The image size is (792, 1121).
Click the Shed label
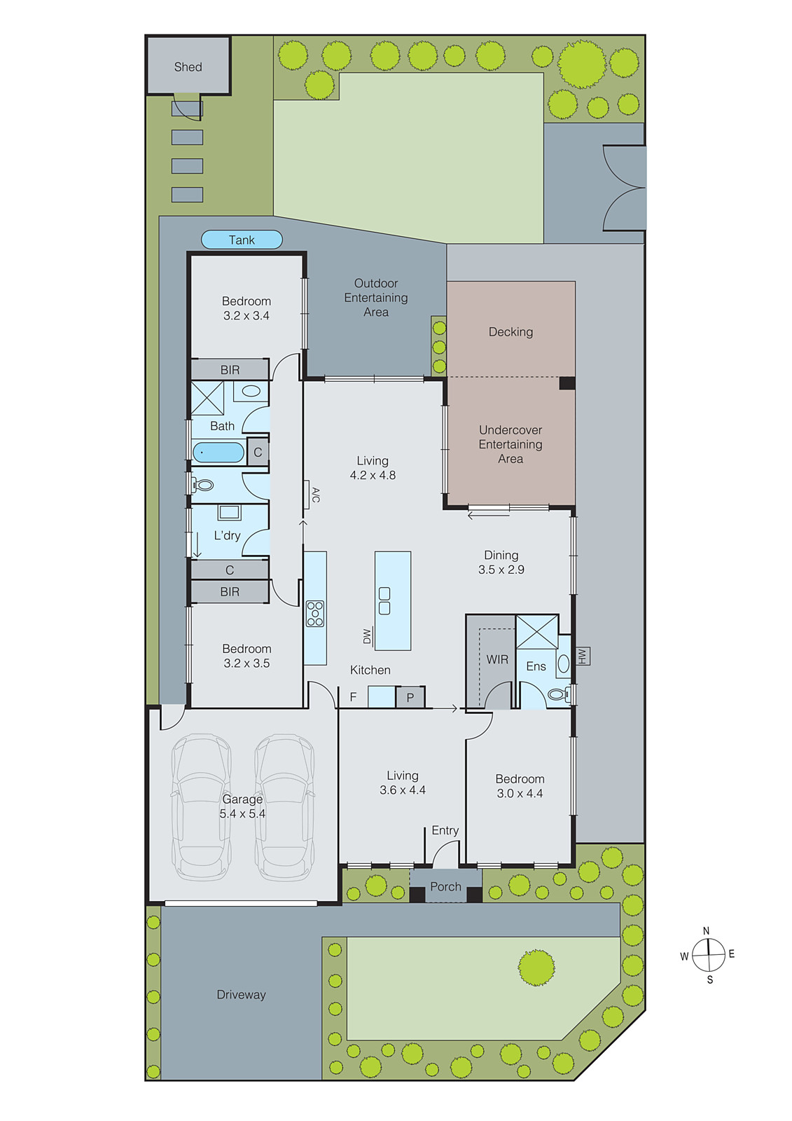(188, 67)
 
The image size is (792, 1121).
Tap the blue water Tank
(242, 240)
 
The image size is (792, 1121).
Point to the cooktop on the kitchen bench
(315, 613)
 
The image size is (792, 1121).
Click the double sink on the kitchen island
(384, 600)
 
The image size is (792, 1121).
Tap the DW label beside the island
(367, 636)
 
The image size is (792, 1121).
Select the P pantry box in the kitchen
(410, 697)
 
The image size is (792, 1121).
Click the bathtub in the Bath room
(218, 452)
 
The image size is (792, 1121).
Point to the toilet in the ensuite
(558, 694)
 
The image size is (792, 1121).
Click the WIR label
(497, 659)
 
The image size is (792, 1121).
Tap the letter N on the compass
(706, 930)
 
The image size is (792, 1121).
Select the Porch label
(445, 886)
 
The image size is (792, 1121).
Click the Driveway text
(241, 994)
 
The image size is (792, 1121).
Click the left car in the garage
(201, 806)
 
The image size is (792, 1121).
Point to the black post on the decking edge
(567, 383)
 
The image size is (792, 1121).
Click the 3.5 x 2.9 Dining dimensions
(501, 570)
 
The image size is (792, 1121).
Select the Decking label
(510, 331)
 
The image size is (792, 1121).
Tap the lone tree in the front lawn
(536, 967)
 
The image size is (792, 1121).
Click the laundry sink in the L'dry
(229, 512)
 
